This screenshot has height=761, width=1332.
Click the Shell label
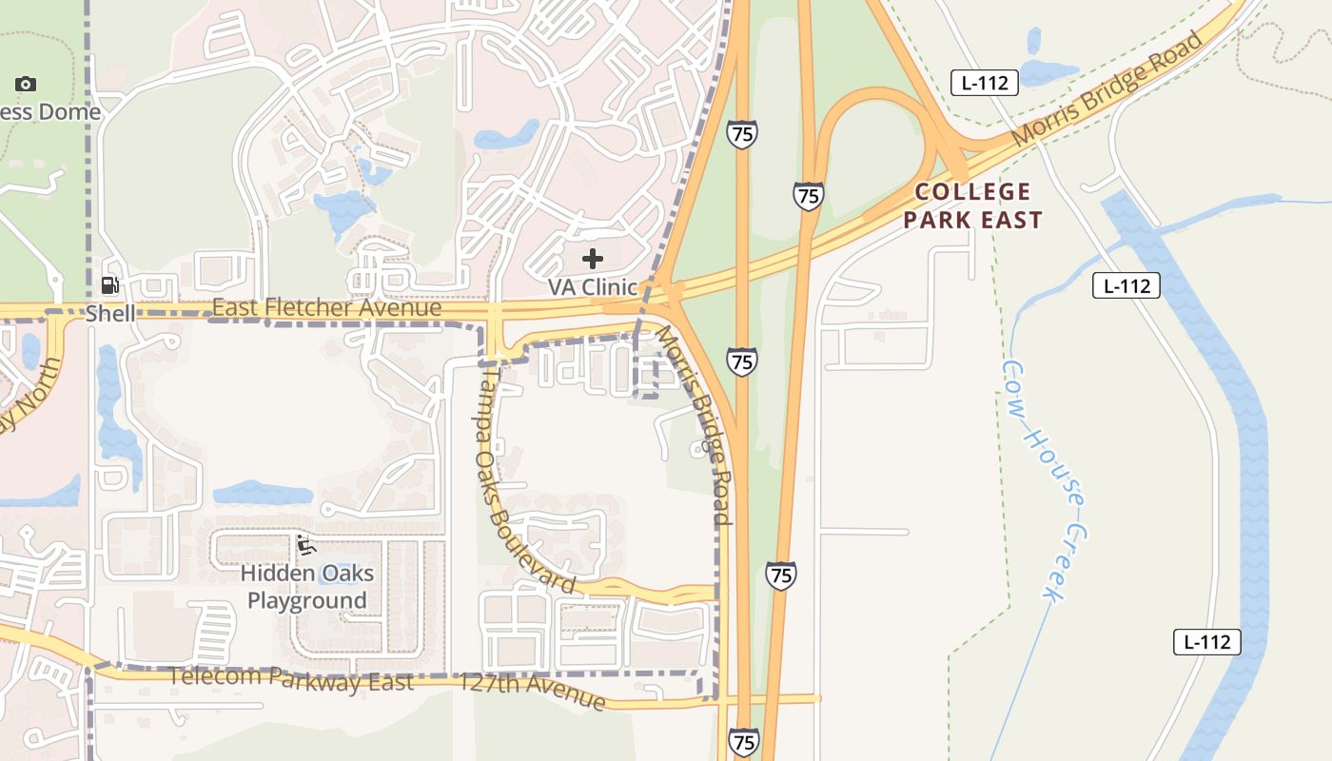(x=110, y=313)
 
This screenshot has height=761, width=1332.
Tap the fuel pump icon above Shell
(x=110, y=285)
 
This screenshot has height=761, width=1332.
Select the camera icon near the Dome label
(x=26, y=84)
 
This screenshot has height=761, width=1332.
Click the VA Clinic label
(x=592, y=286)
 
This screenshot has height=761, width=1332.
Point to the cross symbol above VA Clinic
(x=593, y=259)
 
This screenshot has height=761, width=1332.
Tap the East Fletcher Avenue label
(x=326, y=308)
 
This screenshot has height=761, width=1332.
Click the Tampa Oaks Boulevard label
(x=524, y=480)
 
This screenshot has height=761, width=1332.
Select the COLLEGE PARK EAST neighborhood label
(x=972, y=205)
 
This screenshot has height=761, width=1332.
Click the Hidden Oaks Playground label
(x=306, y=587)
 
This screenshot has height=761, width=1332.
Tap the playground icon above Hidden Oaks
(x=305, y=545)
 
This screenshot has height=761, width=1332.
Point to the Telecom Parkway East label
(x=291, y=679)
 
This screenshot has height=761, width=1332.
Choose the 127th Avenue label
(x=531, y=692)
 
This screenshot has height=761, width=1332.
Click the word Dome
(x=69, y=112)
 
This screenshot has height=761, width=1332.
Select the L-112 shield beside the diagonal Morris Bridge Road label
(x=985, y=83)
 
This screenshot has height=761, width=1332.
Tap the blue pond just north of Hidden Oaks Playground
(x=263, y=493)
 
